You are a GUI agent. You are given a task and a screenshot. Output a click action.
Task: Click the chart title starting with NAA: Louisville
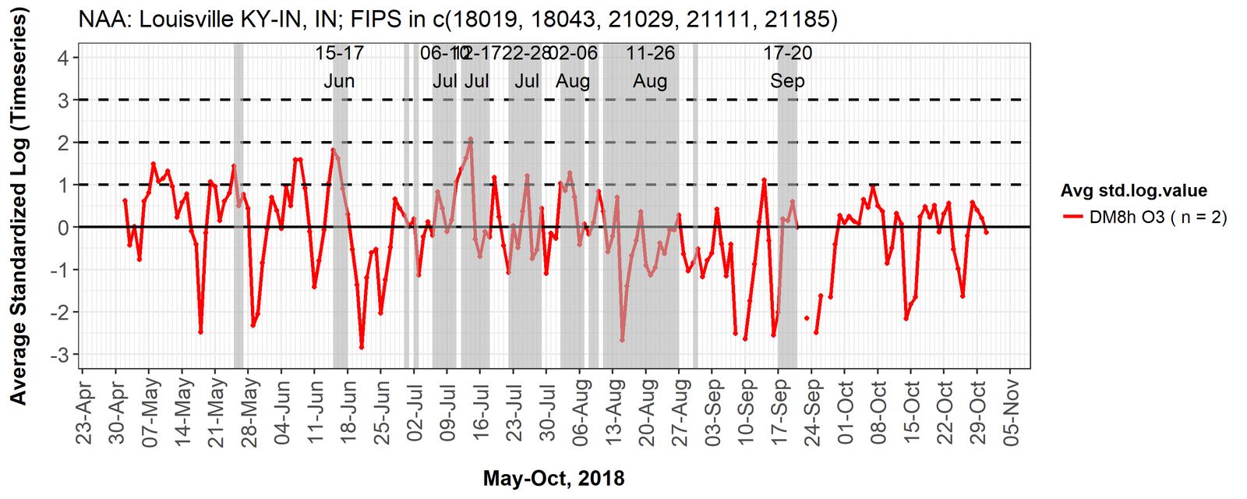coord(457,19)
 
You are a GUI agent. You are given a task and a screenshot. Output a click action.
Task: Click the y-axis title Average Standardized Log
coord(18,206)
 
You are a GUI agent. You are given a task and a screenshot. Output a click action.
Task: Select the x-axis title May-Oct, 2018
coord(553,478)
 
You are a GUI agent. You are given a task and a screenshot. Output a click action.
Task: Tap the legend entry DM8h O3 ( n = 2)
coord(1157,218)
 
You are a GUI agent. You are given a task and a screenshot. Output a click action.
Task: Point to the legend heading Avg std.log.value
coord(1133,190)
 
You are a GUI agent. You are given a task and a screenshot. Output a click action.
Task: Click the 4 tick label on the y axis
coord(63,58)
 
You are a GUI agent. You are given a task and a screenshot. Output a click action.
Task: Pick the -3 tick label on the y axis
coord(60,355)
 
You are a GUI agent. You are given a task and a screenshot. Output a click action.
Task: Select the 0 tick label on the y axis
coord(63,228)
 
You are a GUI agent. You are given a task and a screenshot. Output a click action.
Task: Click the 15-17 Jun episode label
coord(339,67)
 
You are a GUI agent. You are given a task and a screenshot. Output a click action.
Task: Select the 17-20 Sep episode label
coord(787,67)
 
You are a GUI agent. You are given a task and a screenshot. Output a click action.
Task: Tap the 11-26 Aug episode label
coord(650,67)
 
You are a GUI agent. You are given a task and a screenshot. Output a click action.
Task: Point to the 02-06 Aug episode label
coord(573,67)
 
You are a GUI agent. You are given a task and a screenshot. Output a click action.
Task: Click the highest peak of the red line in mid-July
coord(471,140)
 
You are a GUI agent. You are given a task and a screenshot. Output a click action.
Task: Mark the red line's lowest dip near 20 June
coord(362,347)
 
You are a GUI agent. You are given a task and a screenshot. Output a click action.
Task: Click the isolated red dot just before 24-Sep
coord(807,318)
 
